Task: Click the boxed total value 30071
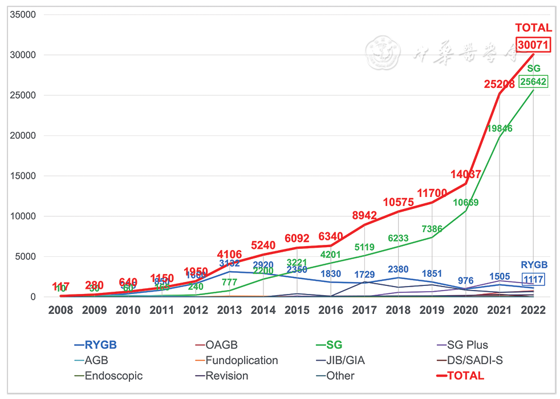tap(533, 45)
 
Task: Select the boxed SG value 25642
tap(533, 82)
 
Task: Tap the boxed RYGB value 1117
tap(534, 279)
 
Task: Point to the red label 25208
tap(499, 84)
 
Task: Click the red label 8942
tap(364, 215)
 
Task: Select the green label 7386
tap(432, 228)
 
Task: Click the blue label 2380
tap(398, 269)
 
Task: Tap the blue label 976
tap(466, 280)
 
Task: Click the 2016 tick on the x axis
tap(331, 310)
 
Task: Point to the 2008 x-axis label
tap(60, 310)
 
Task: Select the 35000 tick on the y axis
tap(24, 15)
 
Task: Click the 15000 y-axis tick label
tap(24, 176)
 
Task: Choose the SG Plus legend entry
tap(466, 345)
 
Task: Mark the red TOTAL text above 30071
tap(533, 28)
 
